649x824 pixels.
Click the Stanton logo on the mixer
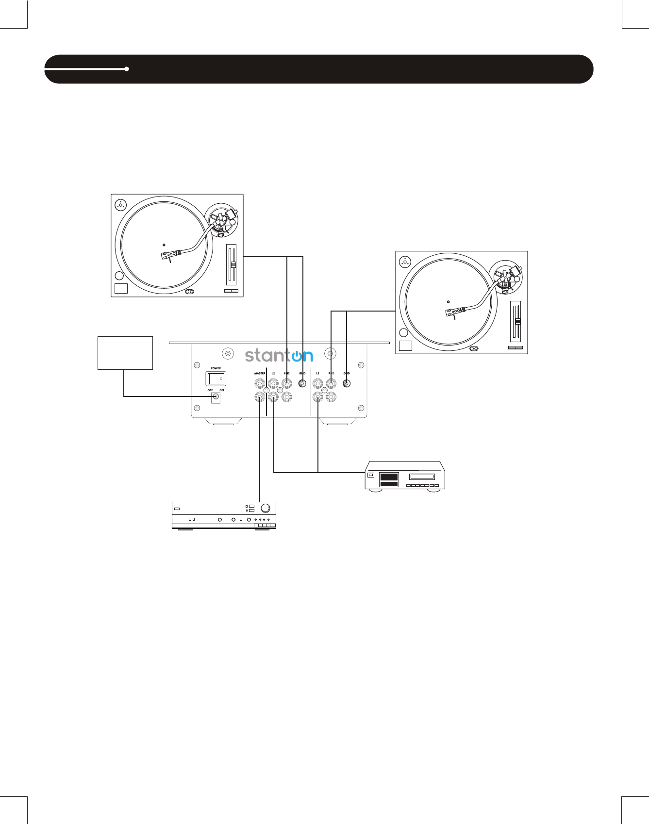(x=279, y=355)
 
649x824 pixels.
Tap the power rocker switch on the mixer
(x=216, y=378)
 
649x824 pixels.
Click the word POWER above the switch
(x=216, y=368)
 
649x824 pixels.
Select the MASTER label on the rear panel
(x=260, y=373)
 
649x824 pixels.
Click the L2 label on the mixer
(x=273, y=373)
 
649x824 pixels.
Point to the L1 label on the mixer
(x=318, y=373)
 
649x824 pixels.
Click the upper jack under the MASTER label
(x=260, y=383)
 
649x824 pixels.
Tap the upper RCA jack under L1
(x=318, y=383)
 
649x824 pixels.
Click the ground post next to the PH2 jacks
(x=302, y=383)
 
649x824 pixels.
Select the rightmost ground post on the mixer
(x=347, y=383)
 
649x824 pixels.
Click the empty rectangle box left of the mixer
(x=125, y=353)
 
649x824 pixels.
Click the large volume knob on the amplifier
(x=266, y=508)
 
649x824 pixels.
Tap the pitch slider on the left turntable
(x=233, y=265)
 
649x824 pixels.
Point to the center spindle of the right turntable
(x=448, y=302)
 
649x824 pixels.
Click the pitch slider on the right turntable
(x=517, y=322)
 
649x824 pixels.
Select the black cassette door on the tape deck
(x=389, y=479)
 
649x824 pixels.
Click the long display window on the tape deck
(x=422, y=477)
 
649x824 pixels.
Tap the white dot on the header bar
(x=127, y=69)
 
